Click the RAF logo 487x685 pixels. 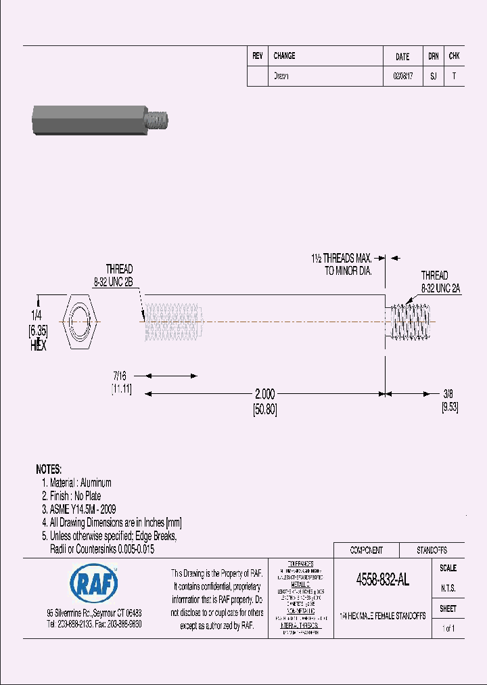coord(93,581)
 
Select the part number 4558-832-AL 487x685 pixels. coord(382,580)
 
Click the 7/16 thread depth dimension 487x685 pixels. coord(120,375)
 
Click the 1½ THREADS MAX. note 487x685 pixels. coord(342,259)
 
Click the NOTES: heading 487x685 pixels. coord(49,469)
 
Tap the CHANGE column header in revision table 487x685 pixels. coord(284,56)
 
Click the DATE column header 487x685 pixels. coord(402,57)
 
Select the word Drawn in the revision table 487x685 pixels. coord(281,76)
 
